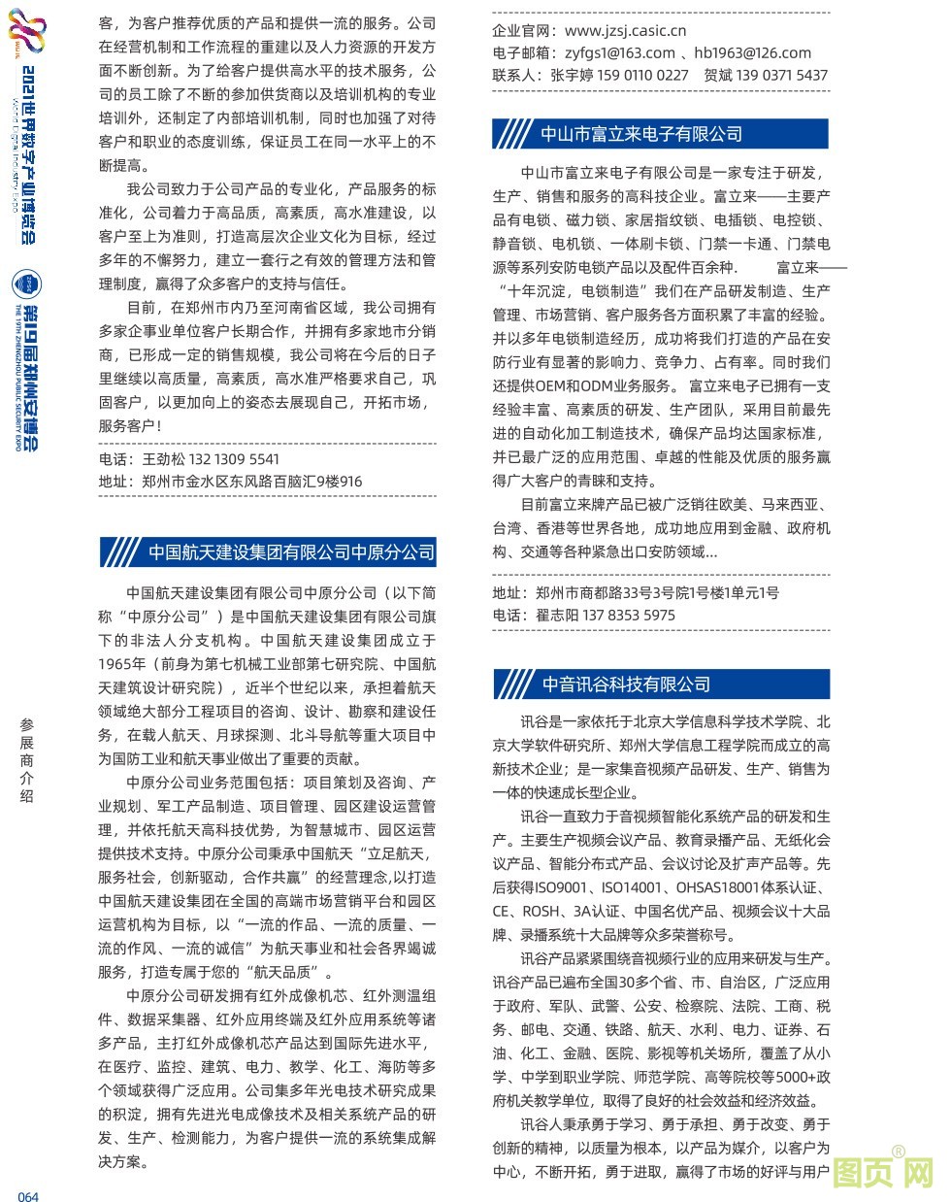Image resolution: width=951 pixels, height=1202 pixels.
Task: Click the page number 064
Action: click(28, 1196)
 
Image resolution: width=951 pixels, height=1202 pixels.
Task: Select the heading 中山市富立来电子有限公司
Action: click(640, 134)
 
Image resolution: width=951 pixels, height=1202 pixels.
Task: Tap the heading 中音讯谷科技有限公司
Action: click(626, 684)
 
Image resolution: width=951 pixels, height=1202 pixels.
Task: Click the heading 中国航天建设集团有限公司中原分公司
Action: click(291, 551)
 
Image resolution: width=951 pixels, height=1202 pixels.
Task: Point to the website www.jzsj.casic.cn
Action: click(625, 31)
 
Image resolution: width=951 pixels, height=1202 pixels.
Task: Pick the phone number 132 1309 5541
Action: click(234, 459)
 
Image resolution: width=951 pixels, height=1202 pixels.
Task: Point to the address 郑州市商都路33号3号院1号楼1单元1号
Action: click(657, 592)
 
